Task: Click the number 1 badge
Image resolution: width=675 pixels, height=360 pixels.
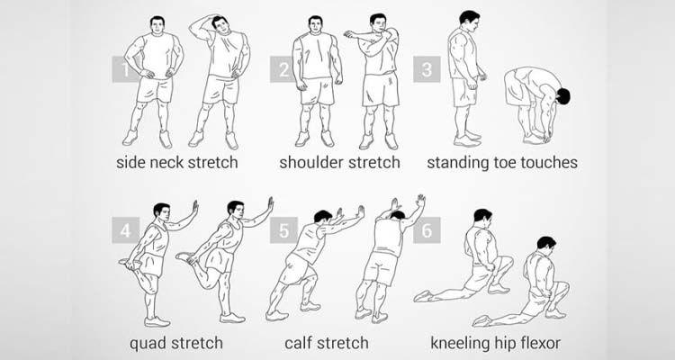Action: coord(125,69)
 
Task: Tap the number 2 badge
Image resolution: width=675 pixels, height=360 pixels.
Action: coord(283,69)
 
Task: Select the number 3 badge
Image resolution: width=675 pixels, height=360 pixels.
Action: coord(427,69)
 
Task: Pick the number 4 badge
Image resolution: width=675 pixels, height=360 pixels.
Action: coord(125,230)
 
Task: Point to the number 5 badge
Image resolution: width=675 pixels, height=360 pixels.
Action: coord(283,230)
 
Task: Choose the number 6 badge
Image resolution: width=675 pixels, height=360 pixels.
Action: coord(427,230)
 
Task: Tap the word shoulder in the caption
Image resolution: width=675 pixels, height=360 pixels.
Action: coord(311,162)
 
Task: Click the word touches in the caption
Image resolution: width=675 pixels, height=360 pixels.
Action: coord(549,162)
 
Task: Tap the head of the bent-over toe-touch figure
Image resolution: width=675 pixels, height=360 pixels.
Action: coord(562,96)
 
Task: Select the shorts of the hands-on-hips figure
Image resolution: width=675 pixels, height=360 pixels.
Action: coord(155,89)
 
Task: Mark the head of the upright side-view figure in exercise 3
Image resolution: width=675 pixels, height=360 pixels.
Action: coord(469,21)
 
